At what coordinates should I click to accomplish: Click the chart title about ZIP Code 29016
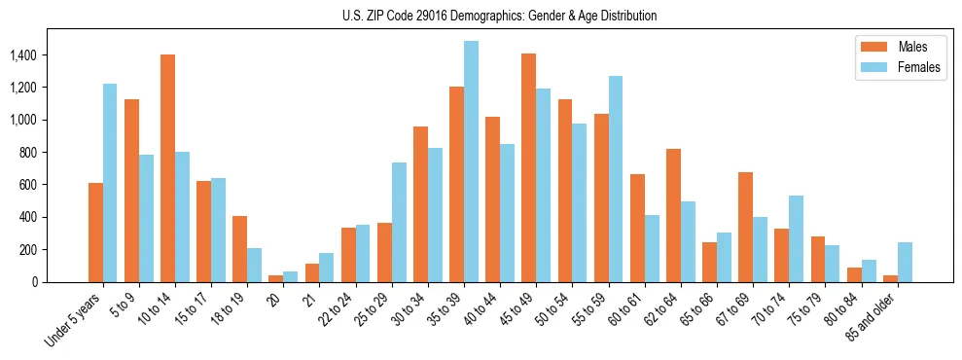[499, 16]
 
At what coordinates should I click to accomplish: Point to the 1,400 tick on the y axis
[22, 55]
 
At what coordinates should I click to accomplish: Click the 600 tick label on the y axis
[27, 185]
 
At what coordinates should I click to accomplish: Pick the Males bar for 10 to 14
[167, 168]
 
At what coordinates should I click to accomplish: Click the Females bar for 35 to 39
[471, 162]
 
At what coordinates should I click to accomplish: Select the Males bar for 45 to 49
[528, 168]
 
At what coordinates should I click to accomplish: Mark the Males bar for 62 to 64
[673, 215]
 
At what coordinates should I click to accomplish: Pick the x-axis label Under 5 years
[73, 320]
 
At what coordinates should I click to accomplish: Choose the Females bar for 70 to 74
[796, 238]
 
